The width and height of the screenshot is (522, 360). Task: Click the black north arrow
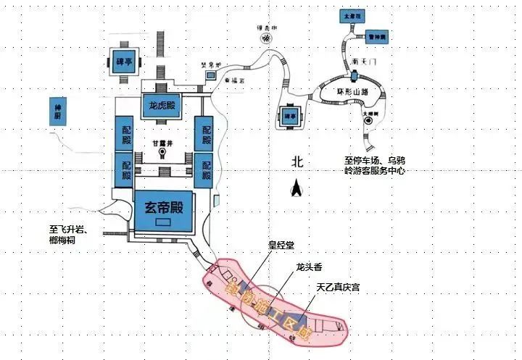click(x=295, y=190)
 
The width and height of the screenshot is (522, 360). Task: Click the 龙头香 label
click(x=309, y=267)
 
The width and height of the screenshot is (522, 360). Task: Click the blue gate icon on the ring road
click(x=353, y=75)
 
